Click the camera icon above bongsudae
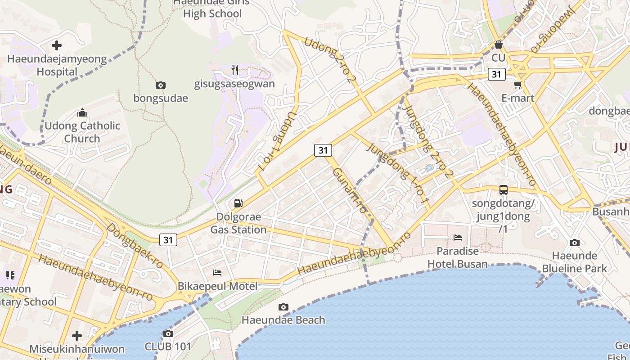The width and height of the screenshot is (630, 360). coord(161,85)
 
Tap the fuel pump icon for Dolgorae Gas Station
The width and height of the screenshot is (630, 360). coord(238,203)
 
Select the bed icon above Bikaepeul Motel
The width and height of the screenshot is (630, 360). coord(217,273)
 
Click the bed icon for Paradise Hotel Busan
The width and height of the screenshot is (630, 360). coord(458,237)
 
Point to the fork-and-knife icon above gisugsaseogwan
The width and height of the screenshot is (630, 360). coord(235,70)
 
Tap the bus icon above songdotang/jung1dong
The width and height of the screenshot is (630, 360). coord(504,190)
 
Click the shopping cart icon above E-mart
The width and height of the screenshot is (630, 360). coord(518,85)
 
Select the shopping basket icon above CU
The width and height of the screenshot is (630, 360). coord(499,45)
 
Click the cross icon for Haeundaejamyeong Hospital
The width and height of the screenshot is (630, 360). coord(57,45)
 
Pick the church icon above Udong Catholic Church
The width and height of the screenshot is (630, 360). coord(82,112)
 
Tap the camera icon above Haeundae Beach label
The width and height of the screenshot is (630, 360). coord(283,307)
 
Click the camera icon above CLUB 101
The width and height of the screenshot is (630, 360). coord(168,333)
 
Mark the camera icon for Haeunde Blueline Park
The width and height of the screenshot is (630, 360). coord(575,243)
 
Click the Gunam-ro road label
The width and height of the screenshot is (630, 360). coord(350,190)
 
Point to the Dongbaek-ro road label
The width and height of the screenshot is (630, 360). coord(135,246)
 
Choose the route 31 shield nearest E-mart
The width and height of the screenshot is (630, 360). coord(496,74)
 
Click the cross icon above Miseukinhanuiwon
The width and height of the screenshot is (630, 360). coord(77,336)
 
